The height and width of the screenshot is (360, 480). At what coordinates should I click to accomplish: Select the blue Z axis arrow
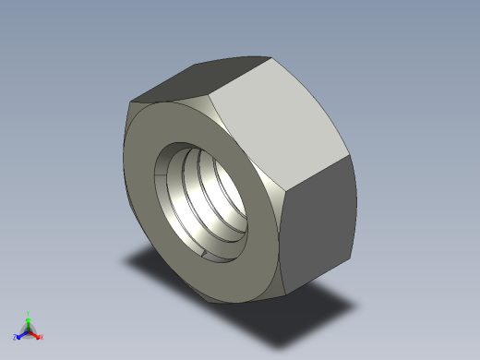coord(21,334)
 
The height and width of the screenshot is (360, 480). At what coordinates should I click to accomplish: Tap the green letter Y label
coord(30,313)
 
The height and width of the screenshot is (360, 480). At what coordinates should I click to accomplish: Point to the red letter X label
coord(42,337)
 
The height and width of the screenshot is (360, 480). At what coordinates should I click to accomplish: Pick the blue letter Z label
coord(16,337)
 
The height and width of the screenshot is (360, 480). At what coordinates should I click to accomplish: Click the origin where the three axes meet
coord(29,330)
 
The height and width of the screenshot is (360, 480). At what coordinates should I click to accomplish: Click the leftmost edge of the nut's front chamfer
coord(124,175)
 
